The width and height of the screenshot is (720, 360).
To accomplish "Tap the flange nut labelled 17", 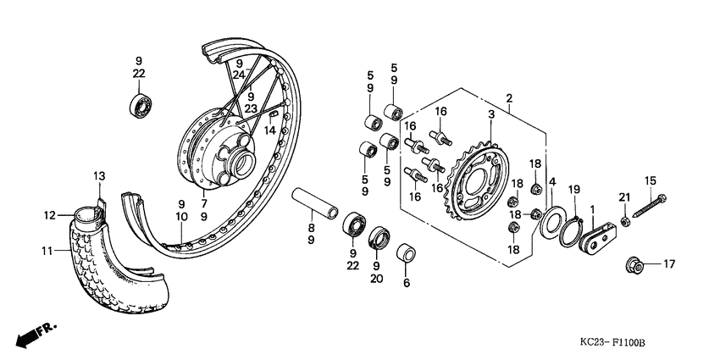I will [637, 264].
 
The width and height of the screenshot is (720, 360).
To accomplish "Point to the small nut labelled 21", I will [623, 221].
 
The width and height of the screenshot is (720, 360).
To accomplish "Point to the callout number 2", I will [509, 98].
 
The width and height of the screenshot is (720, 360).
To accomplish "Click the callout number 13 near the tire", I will [98, 175].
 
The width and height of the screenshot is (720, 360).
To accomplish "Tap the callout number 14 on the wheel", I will [269, 130].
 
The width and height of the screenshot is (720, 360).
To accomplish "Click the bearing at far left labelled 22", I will [141, 108].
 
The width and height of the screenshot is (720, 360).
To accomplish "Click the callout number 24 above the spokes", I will [239, 75].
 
